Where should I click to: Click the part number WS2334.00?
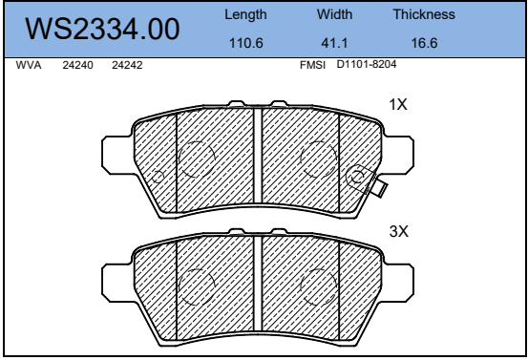click(x=102, y=30)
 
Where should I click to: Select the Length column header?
click(x=245, y=15)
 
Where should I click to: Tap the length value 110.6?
click(x=245, y=43)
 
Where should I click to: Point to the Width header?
click(x=334, y=14)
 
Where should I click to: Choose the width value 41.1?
click(x=334, y=43)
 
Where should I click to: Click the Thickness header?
click(x=424, y=14)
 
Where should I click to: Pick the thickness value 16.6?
click(x=424, y=43)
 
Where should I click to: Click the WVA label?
click(x=29, y=65)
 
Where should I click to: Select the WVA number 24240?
click(x=77, y=65)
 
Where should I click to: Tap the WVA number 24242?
click(x=127, y=65)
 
